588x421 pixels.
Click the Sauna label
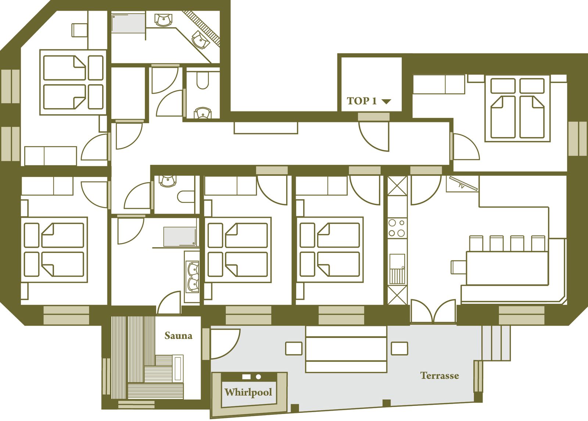coord(178,336)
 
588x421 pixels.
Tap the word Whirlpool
coord(248,392)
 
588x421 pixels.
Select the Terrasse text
coord(440,375)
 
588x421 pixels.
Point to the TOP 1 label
coord(362,101)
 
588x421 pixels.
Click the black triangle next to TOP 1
coord(386,101)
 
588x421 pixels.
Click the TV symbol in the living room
coord(463,183)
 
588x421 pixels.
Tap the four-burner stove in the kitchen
coord(397,228)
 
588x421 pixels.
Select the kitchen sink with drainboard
coord(397,269)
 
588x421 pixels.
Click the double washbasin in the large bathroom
coord(193,277)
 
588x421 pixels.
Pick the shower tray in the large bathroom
coord(180,237)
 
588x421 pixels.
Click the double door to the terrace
coord(433,311)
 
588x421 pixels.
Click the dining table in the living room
coord(507,268)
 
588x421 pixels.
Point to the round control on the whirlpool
coord(258,377)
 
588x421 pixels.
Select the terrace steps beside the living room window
coord(496,343)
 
